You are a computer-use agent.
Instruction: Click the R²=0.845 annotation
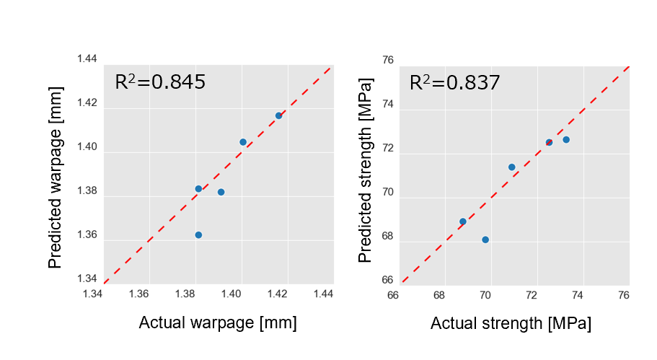[160, 82]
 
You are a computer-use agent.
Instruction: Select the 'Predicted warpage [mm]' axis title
[56, 177]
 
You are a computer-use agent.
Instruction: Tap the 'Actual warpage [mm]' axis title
[217, 322]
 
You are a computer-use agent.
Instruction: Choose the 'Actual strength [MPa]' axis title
[511, 324]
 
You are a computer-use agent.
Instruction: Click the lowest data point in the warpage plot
[198, 234]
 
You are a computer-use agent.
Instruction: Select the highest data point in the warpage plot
[278, 115]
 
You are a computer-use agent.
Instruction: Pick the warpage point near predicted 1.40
[243, 142]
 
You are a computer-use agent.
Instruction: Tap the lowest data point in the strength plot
[485, 240]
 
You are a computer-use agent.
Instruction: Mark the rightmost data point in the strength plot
[566, 139]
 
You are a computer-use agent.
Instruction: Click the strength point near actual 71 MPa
[512, 167]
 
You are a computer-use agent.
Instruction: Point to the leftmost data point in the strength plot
[463, 221]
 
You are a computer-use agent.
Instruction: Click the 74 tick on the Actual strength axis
[578, 294]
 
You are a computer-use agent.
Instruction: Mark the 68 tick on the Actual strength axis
[439, 294]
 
